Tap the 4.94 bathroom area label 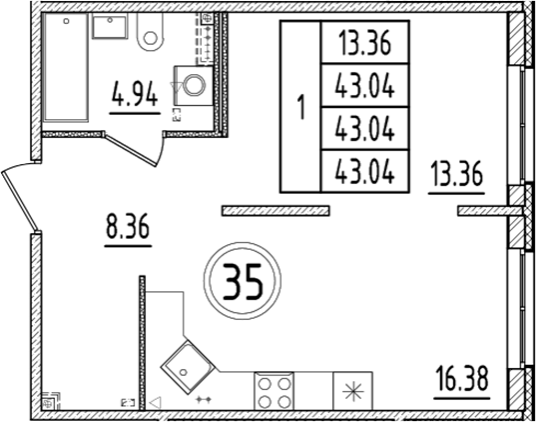click(x=134, y=98)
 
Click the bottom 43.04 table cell click(x=361, y=171)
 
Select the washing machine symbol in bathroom click(x=193, y=84)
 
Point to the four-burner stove click(x=272, y=390)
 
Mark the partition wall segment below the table click(x=274, y=210)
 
